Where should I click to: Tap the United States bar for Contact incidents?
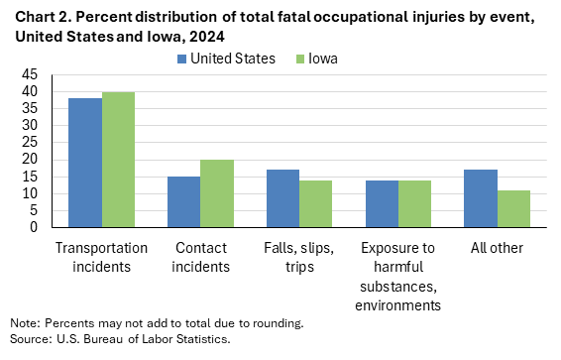coord(183,201)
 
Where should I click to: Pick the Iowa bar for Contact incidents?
coord(216,193)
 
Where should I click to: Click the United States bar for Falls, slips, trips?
coord(282,198)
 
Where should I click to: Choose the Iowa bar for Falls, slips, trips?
coord(315,203)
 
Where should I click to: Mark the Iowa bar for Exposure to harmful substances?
coord(414,203)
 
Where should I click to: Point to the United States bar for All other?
coord(481,198)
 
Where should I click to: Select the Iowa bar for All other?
coord(513,208)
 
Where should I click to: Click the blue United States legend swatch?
coord(183,59)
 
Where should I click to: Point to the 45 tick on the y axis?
coord(30,74)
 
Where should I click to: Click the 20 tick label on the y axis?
coord(30,160)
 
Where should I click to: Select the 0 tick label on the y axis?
coord(34,227)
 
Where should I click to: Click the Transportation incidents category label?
coord(101,256)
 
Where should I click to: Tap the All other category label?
coord(498,248)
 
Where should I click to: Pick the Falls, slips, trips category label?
coord(299,256)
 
